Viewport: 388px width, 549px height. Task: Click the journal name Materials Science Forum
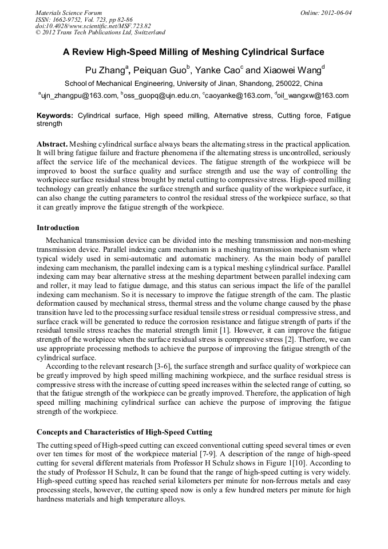click(x=69, y=13)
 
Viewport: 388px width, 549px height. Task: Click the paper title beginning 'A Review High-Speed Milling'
click(x=193, y=52)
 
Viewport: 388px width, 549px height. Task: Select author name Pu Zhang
click(x=105, y=71)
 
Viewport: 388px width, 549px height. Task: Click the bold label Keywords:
click(x=55, y=116)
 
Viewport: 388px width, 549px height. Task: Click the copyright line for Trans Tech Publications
click(x=100, y=33)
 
